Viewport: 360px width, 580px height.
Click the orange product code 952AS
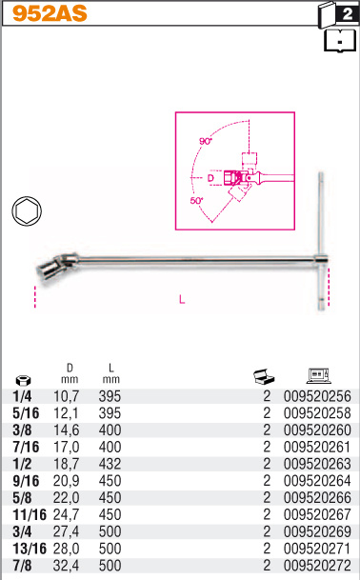click(50, 13)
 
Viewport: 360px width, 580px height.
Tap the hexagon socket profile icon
click(27, 210)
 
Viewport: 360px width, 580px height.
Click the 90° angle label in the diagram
click(206, 141)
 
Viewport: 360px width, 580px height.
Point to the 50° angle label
click(197, 201)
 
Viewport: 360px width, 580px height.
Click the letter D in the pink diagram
click(210, 178)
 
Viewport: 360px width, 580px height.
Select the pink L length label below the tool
click(182, 299)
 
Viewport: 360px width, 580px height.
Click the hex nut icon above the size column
click(23, 380)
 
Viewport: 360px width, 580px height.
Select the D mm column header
click(70, 373)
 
